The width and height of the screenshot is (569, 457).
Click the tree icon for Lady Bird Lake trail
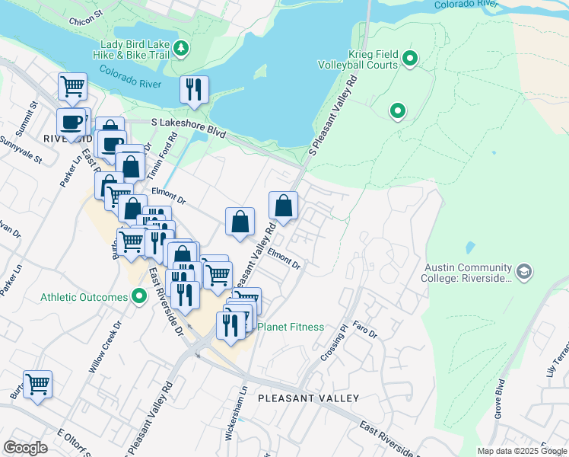pos(181,50)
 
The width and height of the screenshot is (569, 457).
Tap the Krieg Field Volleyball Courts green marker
pos(410,58)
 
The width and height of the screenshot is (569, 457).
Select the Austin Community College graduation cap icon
pos(524,270)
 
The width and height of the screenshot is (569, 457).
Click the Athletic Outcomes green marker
pos(139,296)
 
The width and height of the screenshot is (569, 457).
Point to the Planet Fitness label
pos(291,327)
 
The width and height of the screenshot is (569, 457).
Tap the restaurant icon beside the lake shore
pos(194,89)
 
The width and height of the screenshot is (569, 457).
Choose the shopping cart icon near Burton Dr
pos(37,384)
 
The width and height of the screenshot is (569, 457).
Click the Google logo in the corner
pos(25,448)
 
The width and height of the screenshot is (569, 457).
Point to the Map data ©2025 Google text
pos(522,451)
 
